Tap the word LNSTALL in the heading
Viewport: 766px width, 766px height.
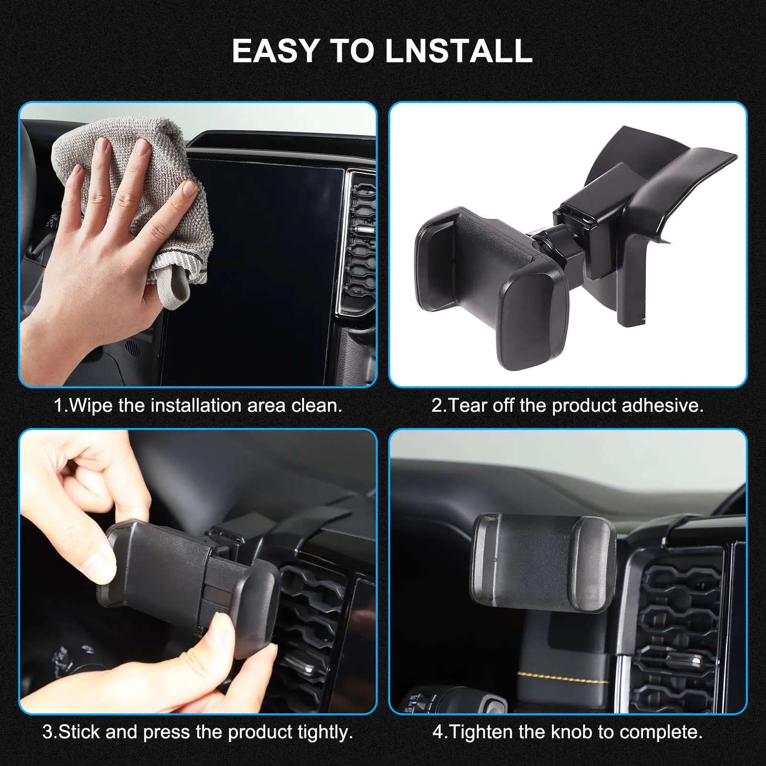(x=459, y=51)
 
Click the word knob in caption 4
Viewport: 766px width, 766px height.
(x=571, y=732)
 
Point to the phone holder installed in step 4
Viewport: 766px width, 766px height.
(x=543, y=563)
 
